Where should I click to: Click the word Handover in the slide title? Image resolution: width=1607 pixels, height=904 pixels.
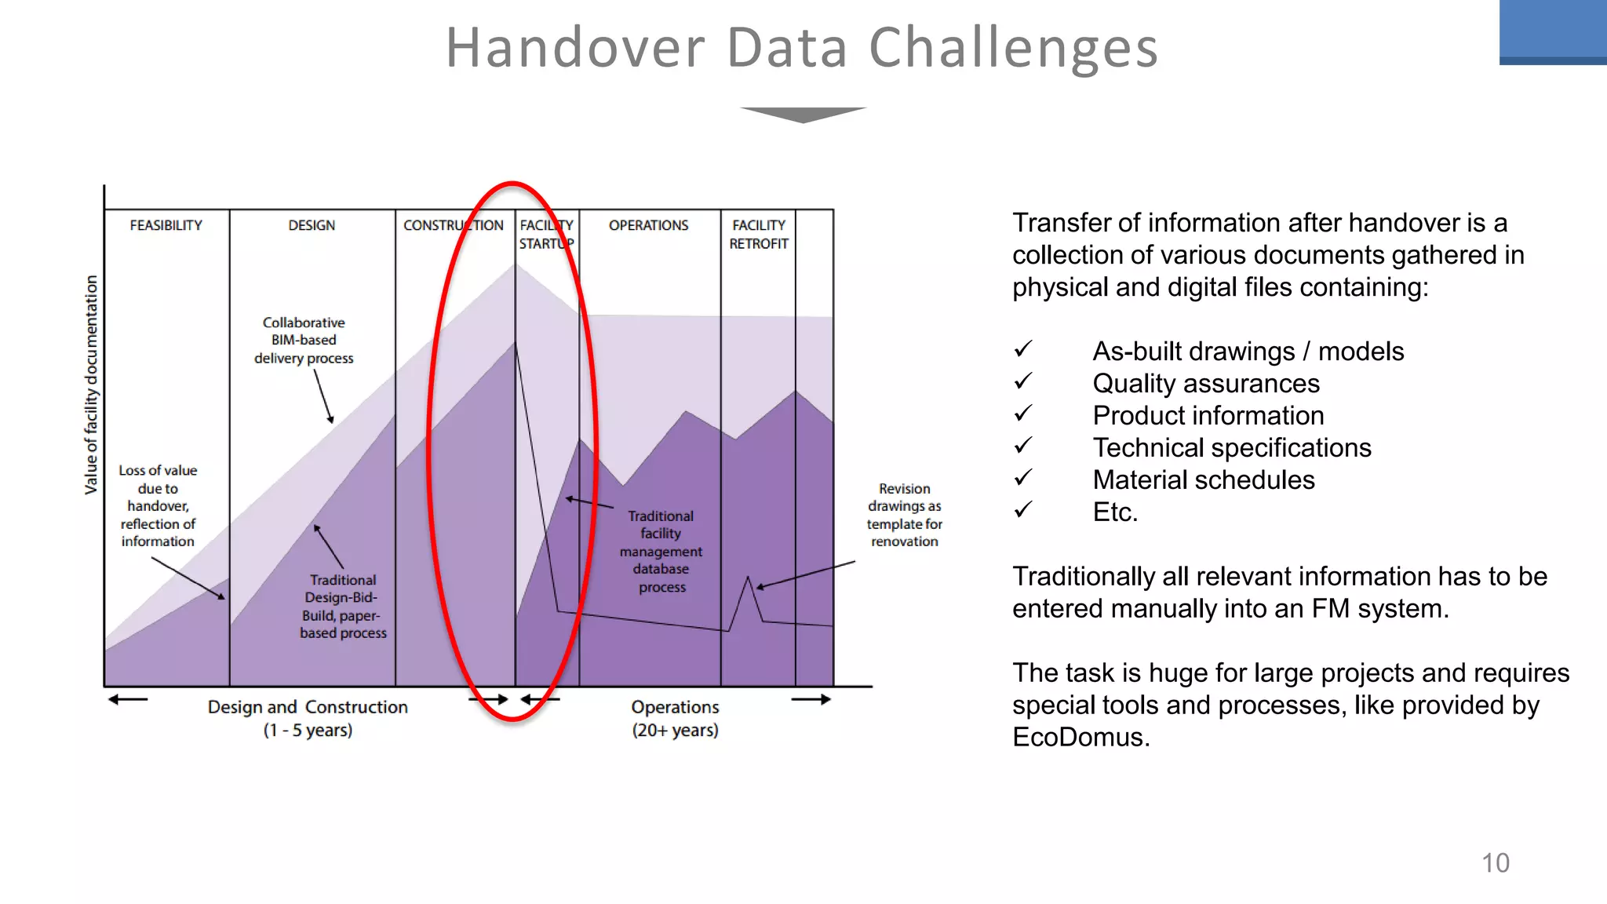tap(575, 49)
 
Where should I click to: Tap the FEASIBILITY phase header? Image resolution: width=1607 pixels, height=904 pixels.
tap(166, 226)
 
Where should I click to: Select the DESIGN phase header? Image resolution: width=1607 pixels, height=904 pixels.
tap(312, 226)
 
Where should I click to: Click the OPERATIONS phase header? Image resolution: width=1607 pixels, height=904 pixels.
tap(648, 226)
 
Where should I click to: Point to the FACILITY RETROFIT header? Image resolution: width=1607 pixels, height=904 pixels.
tap(758, 235)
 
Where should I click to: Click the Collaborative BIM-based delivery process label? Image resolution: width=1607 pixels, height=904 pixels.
tap(304, 341)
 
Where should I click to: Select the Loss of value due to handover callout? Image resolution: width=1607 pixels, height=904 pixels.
tap(158, 505)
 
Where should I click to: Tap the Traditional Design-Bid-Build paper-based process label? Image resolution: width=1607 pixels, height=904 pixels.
tap(343, 606)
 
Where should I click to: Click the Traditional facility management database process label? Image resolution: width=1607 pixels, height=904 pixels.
tap(661, 551)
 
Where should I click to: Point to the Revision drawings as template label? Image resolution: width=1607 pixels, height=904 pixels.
tap(904, 515)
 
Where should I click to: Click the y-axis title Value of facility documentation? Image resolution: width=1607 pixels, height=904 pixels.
tap(92, 385)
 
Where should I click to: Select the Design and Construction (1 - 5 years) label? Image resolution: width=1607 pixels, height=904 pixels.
tap(308, 718)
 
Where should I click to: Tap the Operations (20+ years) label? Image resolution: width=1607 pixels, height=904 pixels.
tap(675, 718)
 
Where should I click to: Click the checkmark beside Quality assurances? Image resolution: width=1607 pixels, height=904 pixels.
tap(1023, 381)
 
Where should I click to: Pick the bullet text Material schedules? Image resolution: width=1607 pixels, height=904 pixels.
tap(1203, 480)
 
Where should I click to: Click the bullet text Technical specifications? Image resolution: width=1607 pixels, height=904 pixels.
tap(1231, 448)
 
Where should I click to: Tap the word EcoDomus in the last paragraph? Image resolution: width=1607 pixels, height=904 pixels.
tap(1080, 738)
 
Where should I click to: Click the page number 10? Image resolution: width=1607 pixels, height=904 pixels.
tap(1495, 863)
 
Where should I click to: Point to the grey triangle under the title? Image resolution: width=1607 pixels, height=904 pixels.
tap(803, 115)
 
